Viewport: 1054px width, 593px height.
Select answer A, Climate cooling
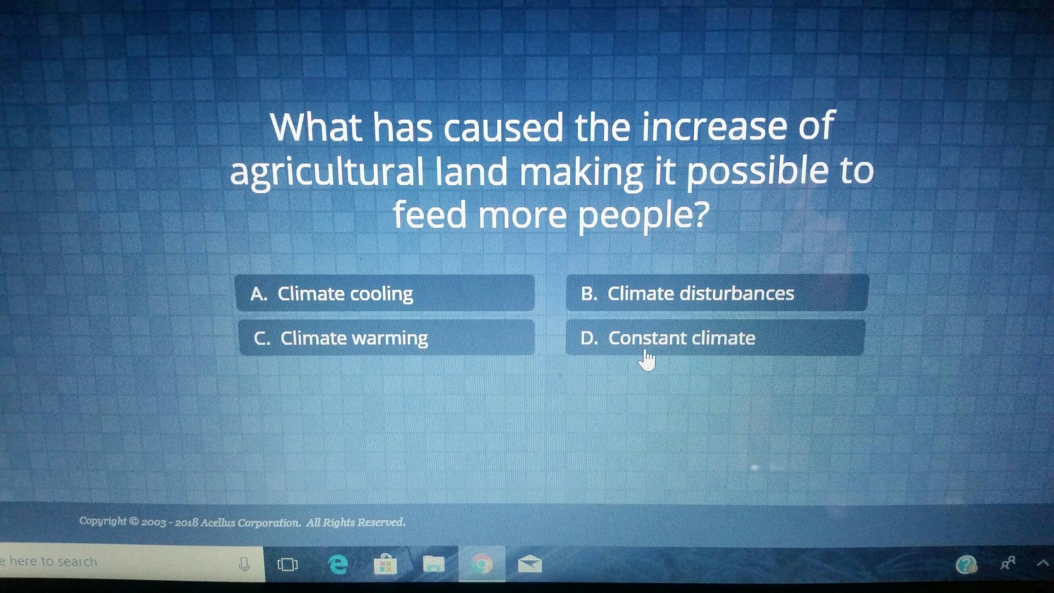pos(385,293)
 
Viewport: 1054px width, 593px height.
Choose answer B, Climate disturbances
pos(717,293)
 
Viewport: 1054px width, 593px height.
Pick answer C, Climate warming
pos(386,338)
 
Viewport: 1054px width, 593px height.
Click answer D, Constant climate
pos(715,338)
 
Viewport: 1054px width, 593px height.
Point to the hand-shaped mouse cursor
pos(647,360)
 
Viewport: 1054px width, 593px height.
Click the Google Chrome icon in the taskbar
pos(482,565)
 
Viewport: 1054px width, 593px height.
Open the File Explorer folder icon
pos(433,565)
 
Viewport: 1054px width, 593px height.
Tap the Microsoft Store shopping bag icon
pos(385,564)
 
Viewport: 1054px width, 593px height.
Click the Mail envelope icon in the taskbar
pos(529,564)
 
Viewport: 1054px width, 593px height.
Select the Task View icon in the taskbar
pos(288,565)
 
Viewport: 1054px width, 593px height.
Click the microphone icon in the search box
pos(244,564)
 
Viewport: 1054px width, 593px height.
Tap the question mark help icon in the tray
pos(966,564)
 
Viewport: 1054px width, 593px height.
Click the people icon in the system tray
pos(1008,564)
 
